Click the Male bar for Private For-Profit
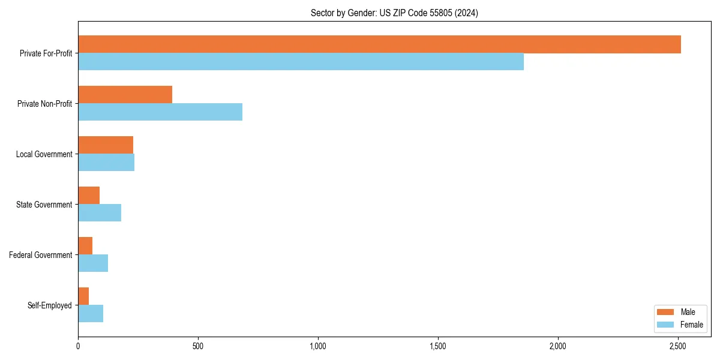coord(379,44)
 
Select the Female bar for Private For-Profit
coord(301,62)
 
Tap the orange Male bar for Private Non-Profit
coord(125,95)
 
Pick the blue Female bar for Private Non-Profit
coord(160,112)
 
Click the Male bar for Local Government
coord(106,145)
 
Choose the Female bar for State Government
coord(100,213)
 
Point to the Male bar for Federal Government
coord(85,246)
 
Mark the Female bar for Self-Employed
coord(91,314)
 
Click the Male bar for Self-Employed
coord(83,296)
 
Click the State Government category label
coord(44,205)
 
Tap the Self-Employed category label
coord(49,305)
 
